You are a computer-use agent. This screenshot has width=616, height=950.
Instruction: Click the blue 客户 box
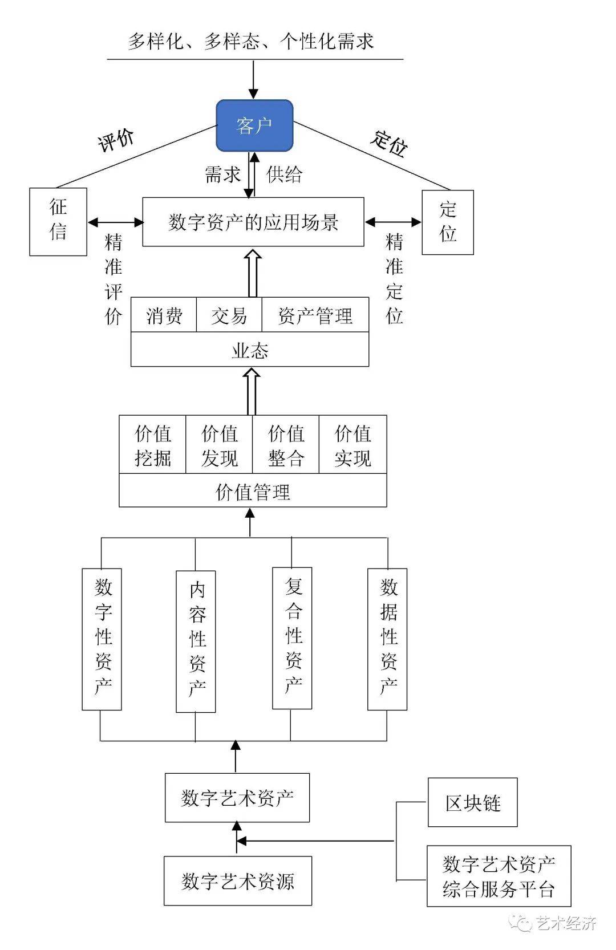point(254,125)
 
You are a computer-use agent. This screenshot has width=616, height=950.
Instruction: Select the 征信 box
point(58,221)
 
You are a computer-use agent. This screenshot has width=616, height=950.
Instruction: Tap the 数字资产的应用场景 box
point(253,222)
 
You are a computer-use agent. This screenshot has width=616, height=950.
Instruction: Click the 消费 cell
point(164,315)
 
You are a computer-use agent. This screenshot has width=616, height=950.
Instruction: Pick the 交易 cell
point(229,315)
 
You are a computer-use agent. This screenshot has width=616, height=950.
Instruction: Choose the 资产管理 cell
point(315,315)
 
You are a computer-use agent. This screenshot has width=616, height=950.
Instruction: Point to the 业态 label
point(250,350)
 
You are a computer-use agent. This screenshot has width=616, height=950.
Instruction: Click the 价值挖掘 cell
point(153,445)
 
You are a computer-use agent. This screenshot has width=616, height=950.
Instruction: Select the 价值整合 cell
point(286,445)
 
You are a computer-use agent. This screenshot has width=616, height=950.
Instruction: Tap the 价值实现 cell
point(352,445)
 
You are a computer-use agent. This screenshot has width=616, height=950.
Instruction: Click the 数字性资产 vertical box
point(102,639)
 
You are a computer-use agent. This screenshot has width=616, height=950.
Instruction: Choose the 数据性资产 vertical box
point(387,639)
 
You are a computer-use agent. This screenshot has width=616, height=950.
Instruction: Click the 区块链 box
point(472,802)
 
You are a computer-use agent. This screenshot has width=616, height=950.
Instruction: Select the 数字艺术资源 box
point(238,880)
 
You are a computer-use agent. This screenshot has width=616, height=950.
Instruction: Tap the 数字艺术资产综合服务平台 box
point(499,876)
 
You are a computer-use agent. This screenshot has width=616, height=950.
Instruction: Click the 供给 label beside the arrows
point(284,174)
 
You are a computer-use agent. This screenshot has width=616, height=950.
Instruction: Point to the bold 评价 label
point(116,140)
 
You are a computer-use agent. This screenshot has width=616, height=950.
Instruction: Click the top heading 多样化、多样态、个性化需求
point(251,42)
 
